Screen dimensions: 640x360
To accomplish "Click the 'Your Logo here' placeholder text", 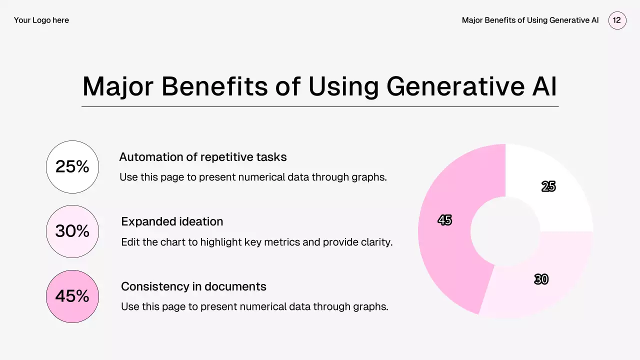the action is coord(41,20).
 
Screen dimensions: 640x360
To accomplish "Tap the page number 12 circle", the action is coord(617,20).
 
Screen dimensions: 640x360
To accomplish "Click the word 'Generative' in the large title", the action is coord(455,86).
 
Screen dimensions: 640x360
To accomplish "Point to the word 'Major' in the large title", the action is coord(118,87).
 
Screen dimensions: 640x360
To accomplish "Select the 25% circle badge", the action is coord(72,167).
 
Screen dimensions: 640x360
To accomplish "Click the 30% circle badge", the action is coord(72,231).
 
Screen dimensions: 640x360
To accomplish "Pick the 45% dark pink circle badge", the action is coord(72,296).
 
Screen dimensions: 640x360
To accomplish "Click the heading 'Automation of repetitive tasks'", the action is coord(203,157).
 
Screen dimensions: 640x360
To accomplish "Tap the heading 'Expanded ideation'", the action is coord(172,221).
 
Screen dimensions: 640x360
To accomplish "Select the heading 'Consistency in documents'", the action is coord(193,286).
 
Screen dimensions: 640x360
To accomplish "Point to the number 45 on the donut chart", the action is coord(445,220).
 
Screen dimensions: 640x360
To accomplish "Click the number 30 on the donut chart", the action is coord(541,279).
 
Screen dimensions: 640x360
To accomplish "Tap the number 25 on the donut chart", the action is coord(548,186).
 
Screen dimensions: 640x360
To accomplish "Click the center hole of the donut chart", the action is coord(505,231).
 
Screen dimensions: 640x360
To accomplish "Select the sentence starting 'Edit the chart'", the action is coord(257,242).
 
